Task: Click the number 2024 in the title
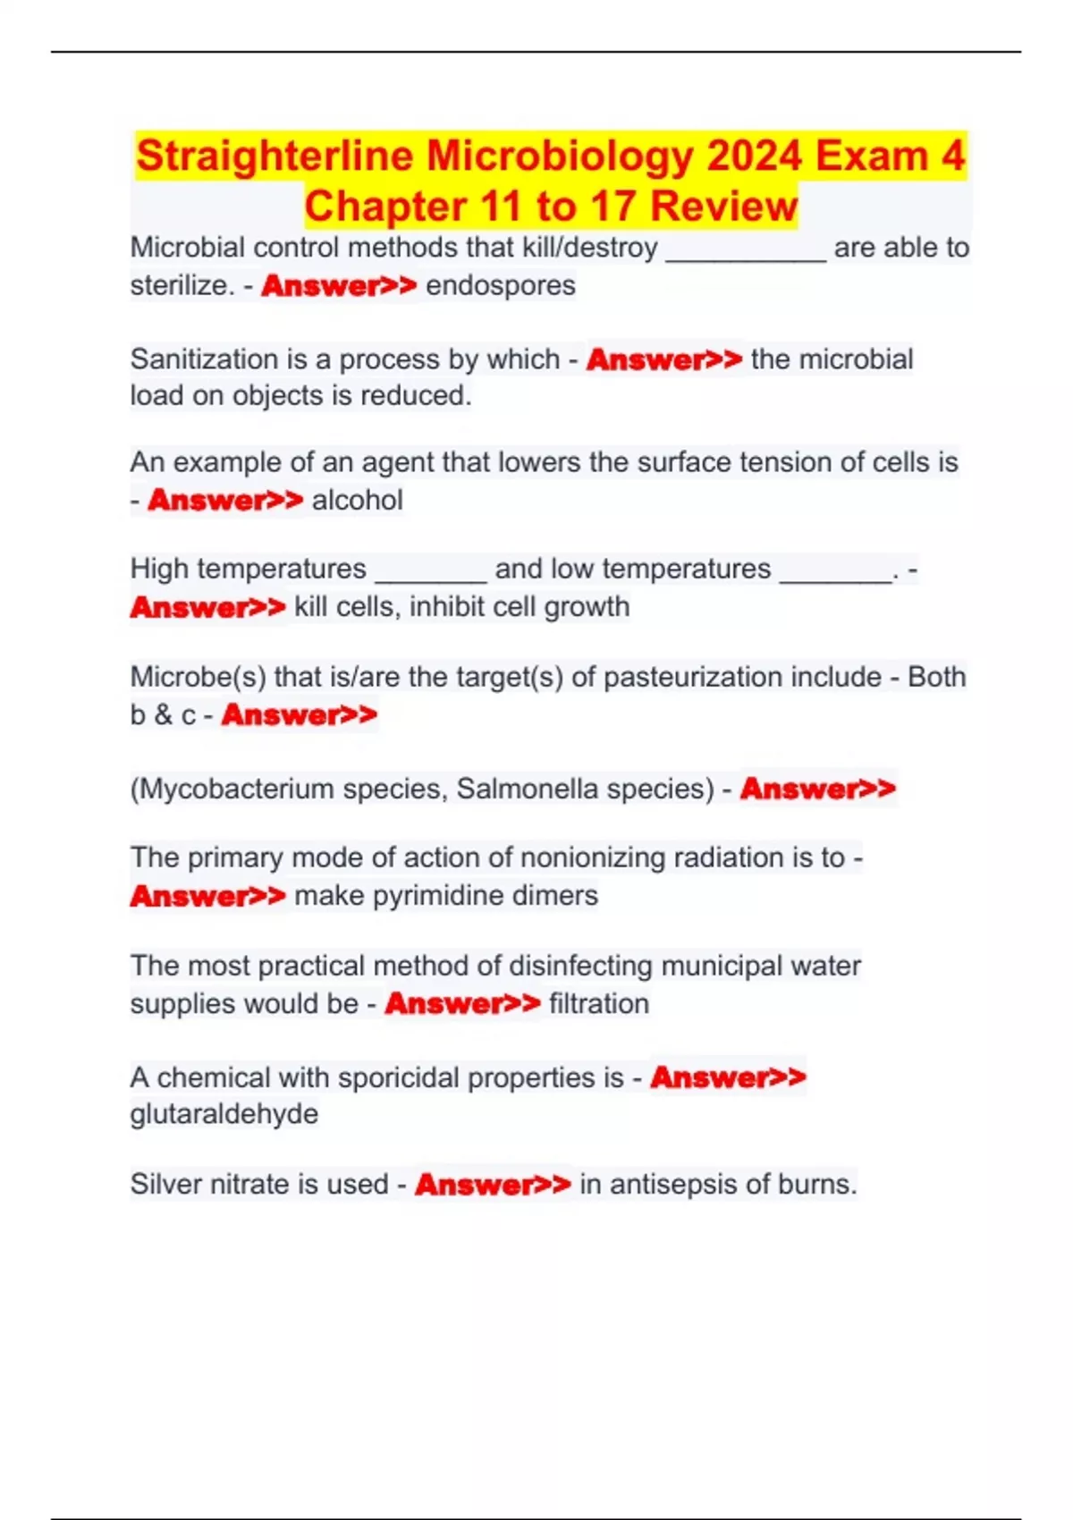pos(755,156)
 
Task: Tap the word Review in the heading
pos(723,207)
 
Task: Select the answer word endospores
pos(501,286)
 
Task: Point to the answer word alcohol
pos(358,501)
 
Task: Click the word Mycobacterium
pos(236,790)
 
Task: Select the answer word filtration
pos(599,1004)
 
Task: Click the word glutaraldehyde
pos(224,1115)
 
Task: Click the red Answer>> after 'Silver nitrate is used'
pos(493,1185)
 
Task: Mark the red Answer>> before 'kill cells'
pos(207,608)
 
